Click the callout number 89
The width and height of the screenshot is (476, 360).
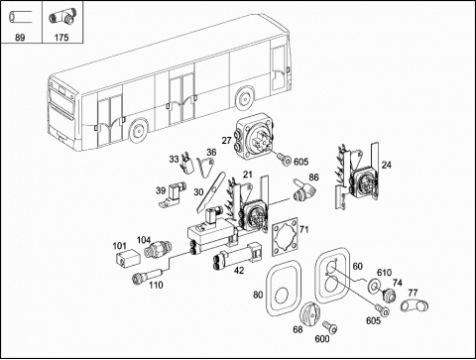click(x=20, y=38)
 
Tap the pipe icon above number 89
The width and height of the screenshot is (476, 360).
click(x=20, y=16)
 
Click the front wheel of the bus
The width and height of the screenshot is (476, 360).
click(x=138, y=130)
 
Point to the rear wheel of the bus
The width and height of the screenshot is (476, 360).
click(x=244, y=98)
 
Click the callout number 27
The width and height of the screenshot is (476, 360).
click(x=226, y=141)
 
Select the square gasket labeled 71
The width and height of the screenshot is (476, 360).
click(x=285, y=237)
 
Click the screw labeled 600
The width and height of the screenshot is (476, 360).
click(x=330, y=326)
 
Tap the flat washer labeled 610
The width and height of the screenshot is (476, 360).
click(x=374, y=285)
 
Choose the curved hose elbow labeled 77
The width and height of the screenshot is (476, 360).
click(x=415, y=304)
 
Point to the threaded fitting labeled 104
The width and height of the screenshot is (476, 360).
click(x=158, y=250)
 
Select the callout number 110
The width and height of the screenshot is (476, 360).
click(x=156, y=285)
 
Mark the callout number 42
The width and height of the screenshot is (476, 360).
click(x=239, y=270)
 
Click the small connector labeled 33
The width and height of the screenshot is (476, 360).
click(x=187, y=162)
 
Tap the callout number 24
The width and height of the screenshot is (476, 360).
click(x=386, y=165)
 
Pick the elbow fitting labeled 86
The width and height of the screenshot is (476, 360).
click(x=304, y=189)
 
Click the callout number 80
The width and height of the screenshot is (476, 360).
click(x=258, y=295)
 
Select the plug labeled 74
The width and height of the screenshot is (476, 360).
click(x=389, y=295)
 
